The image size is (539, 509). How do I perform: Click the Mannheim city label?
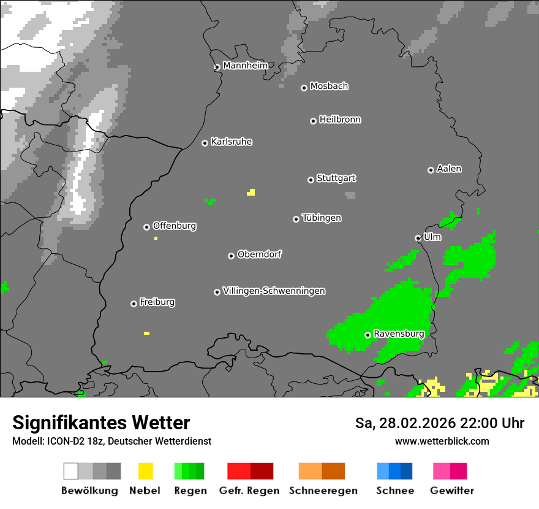pos(245,66)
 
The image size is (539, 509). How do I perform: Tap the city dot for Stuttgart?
pos(311,180)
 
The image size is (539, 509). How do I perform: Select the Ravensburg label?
pos(399,334)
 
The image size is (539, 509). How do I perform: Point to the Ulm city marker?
pos(418,238)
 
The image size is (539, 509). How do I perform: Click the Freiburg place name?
pos(157,302)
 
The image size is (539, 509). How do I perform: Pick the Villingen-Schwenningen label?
pos(274,291)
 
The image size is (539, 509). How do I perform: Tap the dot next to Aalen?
pos(431,170)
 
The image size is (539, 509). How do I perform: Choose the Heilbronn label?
pos(340,120)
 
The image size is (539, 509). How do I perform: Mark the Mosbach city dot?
pos(304,88)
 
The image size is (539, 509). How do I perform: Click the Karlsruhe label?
pos(232,142)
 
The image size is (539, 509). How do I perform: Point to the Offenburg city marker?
pos(146,227)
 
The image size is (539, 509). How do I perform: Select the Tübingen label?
pos(322,218)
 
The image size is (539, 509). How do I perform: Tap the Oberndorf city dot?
pos(231,256)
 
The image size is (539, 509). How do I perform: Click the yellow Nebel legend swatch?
pos(146,471)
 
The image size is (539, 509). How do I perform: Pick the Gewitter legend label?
pos(452,491)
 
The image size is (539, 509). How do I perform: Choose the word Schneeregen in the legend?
pos(323,491)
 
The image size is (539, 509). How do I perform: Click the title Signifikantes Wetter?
pos(101,423)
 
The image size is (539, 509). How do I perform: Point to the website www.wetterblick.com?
pos(442,441)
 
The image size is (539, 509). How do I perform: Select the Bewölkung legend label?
pos(89,491)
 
